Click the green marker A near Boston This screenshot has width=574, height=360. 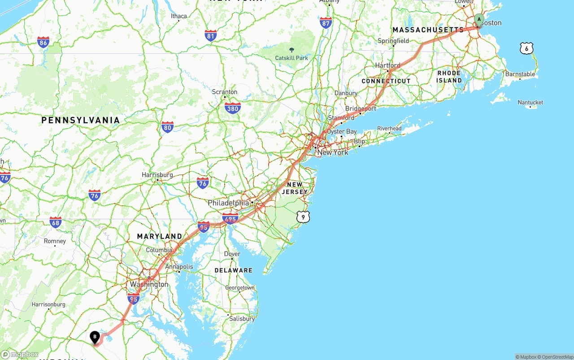[479, 19]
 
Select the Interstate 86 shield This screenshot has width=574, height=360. [43, 42]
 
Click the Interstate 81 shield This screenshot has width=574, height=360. [211, 36]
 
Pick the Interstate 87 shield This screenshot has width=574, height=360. [326, 23]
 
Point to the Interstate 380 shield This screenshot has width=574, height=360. [233, 108]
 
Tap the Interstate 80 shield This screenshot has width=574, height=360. [168, 127]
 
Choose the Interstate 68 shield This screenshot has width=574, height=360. [56, 222]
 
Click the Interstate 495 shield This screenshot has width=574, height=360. [230, 218]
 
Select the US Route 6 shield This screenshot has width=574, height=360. [526, 48]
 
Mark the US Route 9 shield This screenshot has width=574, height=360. [303, 217]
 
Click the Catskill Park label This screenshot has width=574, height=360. [291, 58]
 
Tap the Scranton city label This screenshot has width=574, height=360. [225, 92]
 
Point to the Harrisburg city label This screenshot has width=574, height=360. [157, 175]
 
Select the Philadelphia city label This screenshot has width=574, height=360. [228, 203]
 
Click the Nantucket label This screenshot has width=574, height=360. [531, 103]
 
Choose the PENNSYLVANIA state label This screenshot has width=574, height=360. [81, 120]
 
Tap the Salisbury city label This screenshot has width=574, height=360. [242, 319]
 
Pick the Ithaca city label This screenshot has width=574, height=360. [179, 16]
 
